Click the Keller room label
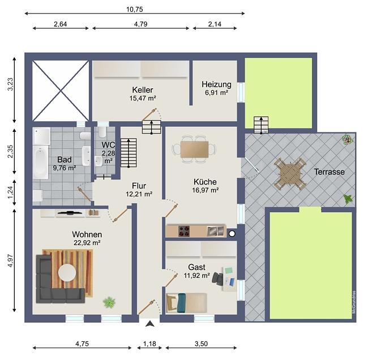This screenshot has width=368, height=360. tap(143, 89)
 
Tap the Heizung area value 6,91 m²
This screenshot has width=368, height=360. tap(216, 92)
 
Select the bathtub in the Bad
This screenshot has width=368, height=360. tap(40, 162)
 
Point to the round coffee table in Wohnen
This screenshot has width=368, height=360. tap(67, 273)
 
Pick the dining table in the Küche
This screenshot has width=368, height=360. tap(194, 149)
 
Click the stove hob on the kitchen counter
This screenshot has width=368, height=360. tap(184, 231)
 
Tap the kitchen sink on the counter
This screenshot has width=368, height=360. tap(216, 231)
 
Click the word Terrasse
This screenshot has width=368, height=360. tap(330, 172)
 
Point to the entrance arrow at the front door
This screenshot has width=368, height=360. tap(149, 324)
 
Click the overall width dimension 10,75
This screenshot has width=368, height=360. tap(135, 10)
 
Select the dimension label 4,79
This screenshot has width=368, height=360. tap(141, 24)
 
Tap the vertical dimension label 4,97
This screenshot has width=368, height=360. tap(11, 260)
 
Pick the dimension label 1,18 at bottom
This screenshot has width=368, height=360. tap(149, 344)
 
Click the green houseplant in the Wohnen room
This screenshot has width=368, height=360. tap(109, 302)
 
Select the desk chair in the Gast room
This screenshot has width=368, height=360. tap(217, 279)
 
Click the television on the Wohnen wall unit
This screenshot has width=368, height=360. tap(70, 213)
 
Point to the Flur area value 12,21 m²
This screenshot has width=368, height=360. tap(139, 194)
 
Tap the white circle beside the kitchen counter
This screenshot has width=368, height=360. tap(232, 234)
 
